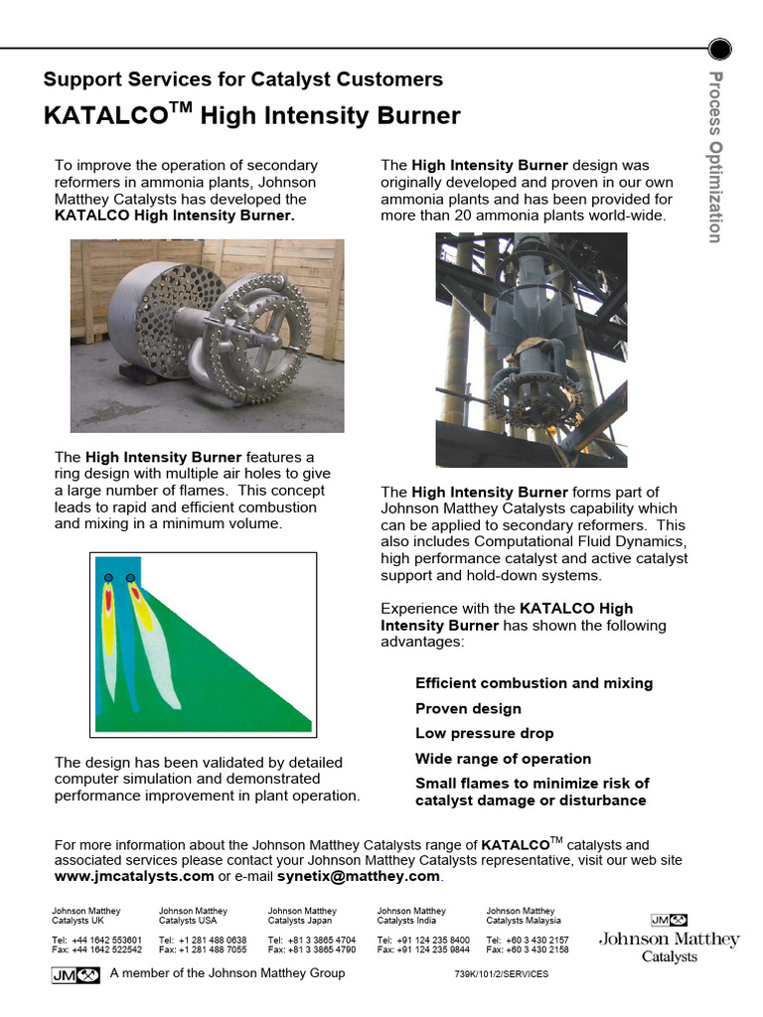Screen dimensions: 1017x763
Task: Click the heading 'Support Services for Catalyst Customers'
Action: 243,79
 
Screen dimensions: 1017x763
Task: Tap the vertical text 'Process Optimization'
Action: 715,157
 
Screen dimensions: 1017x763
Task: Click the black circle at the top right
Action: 720,48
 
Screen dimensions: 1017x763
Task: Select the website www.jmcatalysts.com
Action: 134,877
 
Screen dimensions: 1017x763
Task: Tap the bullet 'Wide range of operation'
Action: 503,759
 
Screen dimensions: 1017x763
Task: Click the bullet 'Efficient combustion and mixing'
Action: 534,683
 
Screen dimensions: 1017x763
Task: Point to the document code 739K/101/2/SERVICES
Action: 501,974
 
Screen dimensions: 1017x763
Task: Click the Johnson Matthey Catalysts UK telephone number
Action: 96,940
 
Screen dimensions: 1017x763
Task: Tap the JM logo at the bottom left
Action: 76,974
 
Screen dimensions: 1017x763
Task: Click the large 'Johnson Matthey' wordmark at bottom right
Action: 669,940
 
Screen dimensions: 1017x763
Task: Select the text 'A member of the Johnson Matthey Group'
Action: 228,973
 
